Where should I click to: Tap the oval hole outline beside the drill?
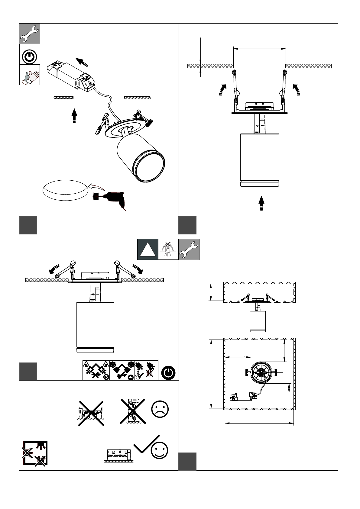(65, 190)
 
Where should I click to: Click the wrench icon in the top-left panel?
(30, 34)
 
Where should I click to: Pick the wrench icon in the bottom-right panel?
(189, 250)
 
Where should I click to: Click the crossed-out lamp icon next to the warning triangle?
(168, 250)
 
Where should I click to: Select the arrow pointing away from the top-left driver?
(82, 62)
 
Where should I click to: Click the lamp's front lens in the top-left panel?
(150, 168)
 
